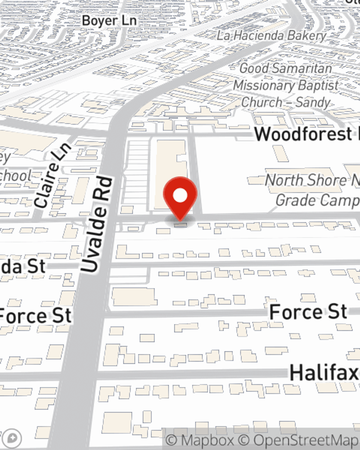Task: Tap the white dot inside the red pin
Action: click(180, 195)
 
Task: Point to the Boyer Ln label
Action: click(109, 21)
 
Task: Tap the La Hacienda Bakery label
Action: click(271, 36)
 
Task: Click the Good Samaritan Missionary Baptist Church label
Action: click(286, 85)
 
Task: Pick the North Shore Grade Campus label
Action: click(312, 190)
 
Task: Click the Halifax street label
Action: click(324, 372)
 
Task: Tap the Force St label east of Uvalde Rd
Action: click(308, 312)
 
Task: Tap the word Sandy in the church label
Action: click(312, 103)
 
